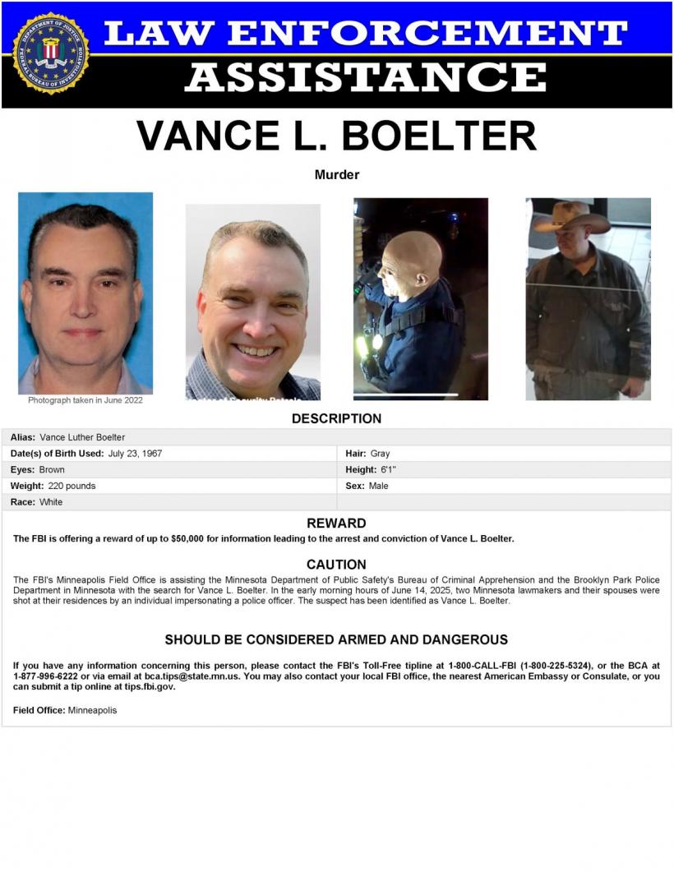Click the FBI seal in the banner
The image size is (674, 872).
(x=50, y=53)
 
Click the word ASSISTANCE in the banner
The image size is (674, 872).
(x=365, y=78)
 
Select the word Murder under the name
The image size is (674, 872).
(x=337, y=174)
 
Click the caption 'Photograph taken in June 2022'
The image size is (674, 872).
(x=85, y=400)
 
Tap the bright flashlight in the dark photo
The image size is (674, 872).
(x=377, y=339)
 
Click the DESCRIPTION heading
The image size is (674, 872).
(x=336, y=418)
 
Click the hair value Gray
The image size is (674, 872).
(x=380, y=453)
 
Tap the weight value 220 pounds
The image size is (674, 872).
(x=72, y=486)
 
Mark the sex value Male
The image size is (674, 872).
(x=378, y=486)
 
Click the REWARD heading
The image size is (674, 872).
(x=336, y=523)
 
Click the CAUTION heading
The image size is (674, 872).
(x=336, y=565)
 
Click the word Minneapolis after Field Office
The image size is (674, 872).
(x=92, y=710)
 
